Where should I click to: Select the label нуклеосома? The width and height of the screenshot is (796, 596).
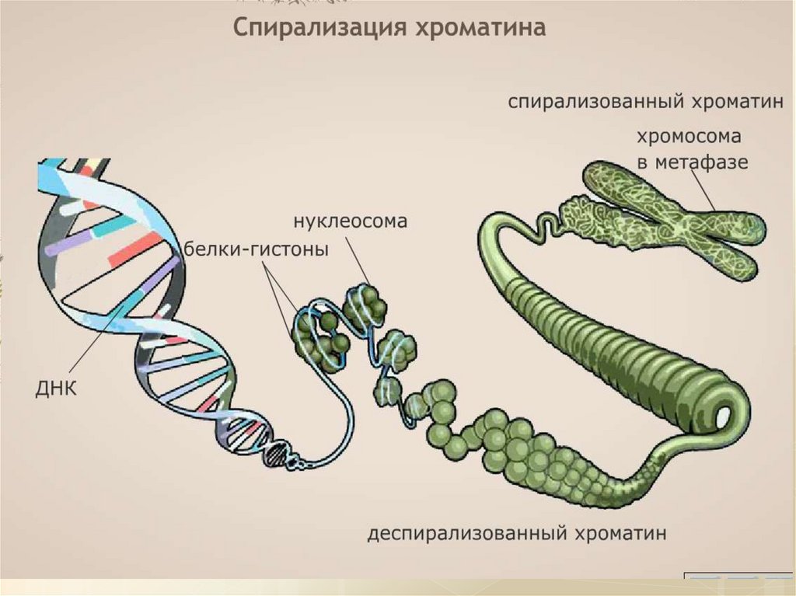(351, 221)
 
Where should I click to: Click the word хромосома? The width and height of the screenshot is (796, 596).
(689, 137)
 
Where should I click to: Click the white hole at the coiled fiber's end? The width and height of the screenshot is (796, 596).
(724, 416)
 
